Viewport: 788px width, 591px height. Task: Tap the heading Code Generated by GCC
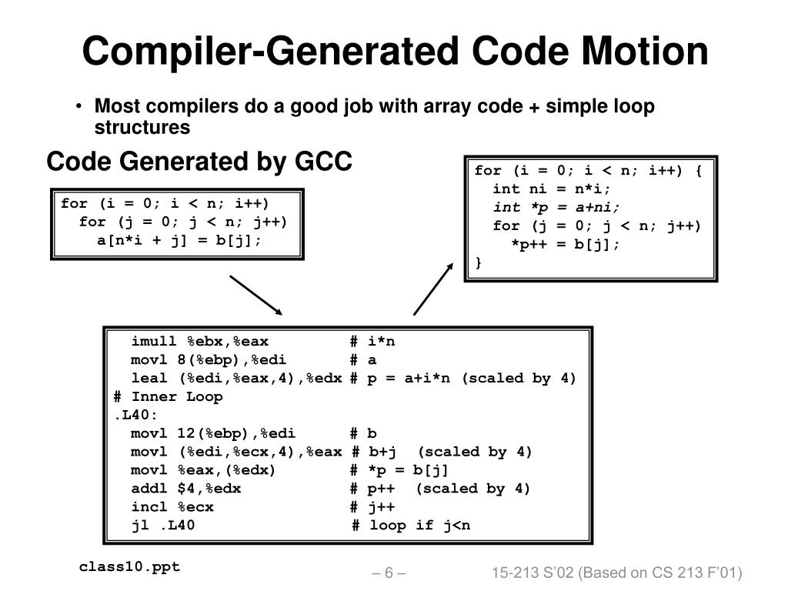[199, 162]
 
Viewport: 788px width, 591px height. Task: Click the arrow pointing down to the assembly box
[256, 294]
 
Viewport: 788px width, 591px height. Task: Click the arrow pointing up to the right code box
[434, 288]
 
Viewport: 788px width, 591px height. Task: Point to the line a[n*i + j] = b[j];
[179, 240]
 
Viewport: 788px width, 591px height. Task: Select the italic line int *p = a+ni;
[556, 207]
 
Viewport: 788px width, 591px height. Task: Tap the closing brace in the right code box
[479, 262]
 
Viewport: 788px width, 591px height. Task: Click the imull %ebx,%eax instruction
[199, 342]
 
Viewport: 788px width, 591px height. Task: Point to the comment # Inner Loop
[168, 397]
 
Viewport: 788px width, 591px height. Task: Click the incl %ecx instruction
[172, 507]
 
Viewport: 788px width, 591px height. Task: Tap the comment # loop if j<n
[410, 526]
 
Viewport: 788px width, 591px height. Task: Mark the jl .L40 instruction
[162, 526]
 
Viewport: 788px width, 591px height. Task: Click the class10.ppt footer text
[129, 567]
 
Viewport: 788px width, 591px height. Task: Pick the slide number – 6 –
[389, 573]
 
